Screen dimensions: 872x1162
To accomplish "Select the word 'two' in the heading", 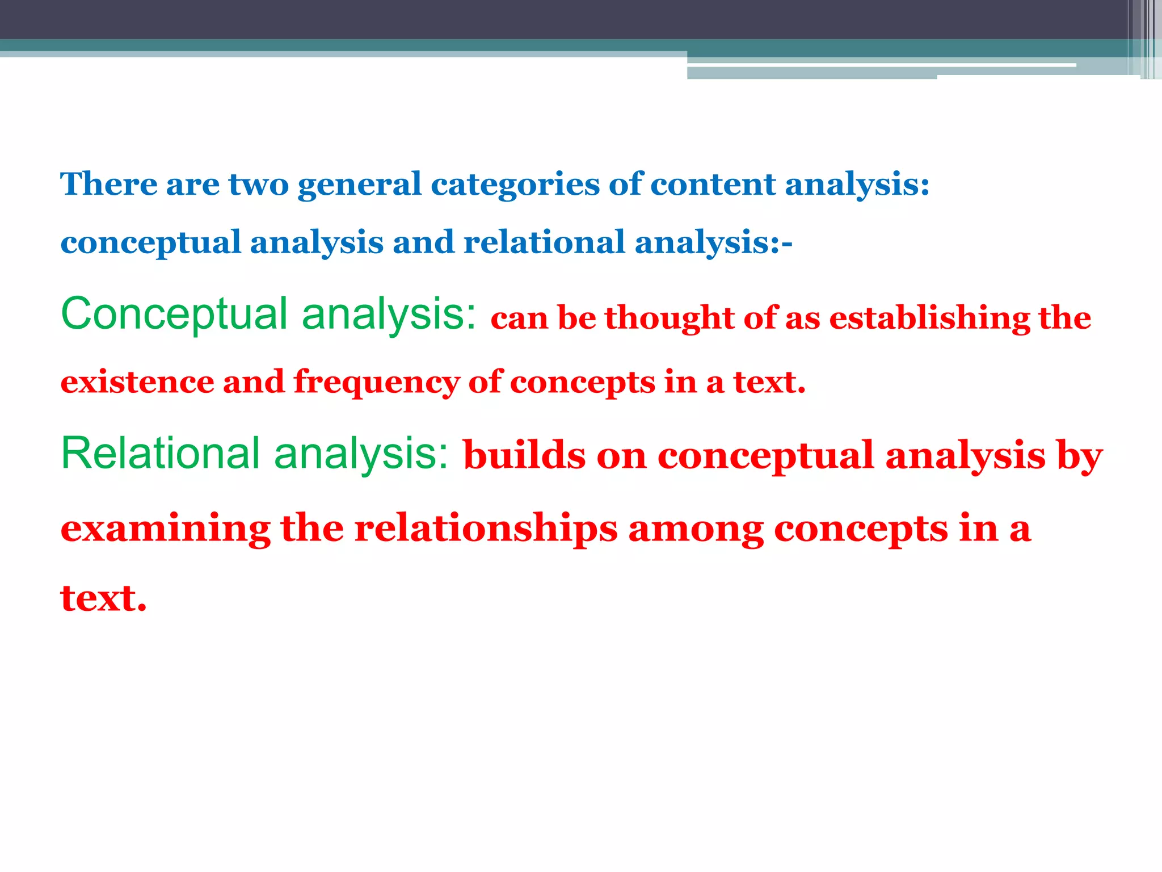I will coord(258,184).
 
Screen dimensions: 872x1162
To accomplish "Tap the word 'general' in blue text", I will coord(360,185).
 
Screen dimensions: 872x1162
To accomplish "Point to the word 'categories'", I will coord(515,185).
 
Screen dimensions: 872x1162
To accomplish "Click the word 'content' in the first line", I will coord(713,184).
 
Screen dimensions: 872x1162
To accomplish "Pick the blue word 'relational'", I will coord(544,242).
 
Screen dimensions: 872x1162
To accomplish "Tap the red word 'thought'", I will coord(670,317).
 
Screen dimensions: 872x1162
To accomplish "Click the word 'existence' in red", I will coord(137,381).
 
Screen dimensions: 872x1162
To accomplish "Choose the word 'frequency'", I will coord(376,383).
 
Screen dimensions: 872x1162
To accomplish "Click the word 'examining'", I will coord(165,529).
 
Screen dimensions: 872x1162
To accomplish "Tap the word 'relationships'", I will coord(486,529).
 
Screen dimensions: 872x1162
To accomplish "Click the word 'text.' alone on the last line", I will coord(103,598).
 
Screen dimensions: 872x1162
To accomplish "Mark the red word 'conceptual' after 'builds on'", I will coord(765,456).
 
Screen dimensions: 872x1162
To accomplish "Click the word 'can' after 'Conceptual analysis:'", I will coord(519,317).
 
